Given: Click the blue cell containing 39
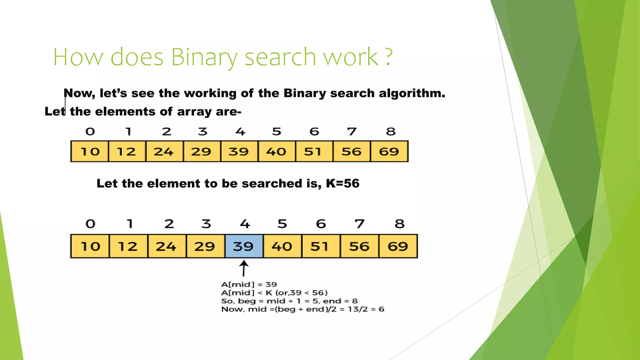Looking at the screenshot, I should coord(244,246).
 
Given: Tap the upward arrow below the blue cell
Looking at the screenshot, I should coord(244,269).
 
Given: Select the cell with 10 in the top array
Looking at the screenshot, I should coord(90,152).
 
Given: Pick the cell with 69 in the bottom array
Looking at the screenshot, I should coord(398,246).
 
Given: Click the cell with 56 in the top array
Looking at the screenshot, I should coord(352,152).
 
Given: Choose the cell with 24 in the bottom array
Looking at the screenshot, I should coord(167,246).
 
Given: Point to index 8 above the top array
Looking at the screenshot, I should coord(391,132).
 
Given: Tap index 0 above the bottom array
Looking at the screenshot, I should coord(90,224).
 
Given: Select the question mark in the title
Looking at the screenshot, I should coord(388,57).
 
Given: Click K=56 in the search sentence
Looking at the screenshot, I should coord(342,183).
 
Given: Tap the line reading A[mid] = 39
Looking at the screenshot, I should coord(249,284).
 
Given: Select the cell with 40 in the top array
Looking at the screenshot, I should coord(276,152).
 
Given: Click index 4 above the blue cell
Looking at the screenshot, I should coord(245,224).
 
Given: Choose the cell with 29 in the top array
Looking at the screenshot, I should coord(202,152).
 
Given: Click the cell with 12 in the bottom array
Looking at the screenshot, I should coord(128,246).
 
